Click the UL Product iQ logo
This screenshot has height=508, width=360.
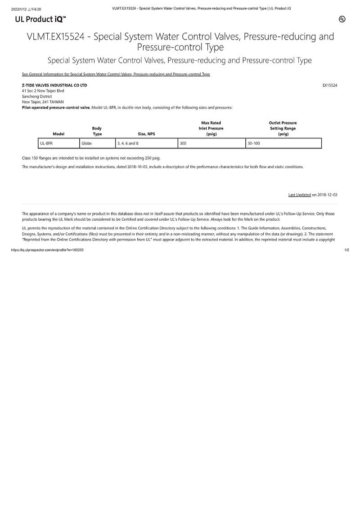tap(40, 19)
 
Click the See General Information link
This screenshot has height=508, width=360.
tap(116, 74)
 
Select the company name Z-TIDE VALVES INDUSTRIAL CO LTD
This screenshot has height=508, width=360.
tap(54, 85)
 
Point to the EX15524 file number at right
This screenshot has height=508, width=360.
tap(330, 85)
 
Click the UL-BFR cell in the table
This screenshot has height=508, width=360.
tap(46, 143)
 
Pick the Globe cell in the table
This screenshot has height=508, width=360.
tap(86, 143)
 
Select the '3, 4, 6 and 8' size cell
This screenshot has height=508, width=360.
tap(128, 143)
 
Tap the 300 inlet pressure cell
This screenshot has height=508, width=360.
tap(183, 143)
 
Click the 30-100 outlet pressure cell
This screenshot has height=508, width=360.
tap(254, 143)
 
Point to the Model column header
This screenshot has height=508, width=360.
tap(58, 134)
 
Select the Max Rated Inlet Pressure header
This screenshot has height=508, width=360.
tap(211, 128)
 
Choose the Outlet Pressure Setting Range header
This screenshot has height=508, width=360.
tap(283, 128)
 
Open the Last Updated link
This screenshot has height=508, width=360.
tap(299, 195)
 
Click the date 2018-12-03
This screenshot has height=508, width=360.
tap(327, 195)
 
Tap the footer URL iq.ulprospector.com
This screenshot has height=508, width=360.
tap(47, 250)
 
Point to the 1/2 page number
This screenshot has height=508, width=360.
tap(346, 250)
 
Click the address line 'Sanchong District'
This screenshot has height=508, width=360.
tap(37, 96)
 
